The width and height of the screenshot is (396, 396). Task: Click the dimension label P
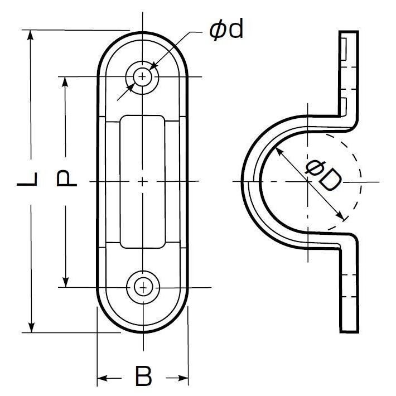click(x=66, y=179)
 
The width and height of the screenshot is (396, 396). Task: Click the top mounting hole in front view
click(x=143, y=76)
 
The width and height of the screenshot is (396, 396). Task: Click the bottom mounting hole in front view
click(x=143, y=287)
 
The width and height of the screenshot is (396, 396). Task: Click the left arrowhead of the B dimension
click(x=102, y=378)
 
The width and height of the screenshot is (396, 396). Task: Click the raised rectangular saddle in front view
click(x=143, y=181)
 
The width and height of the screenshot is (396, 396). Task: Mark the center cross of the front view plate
click(x=143, y=181)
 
